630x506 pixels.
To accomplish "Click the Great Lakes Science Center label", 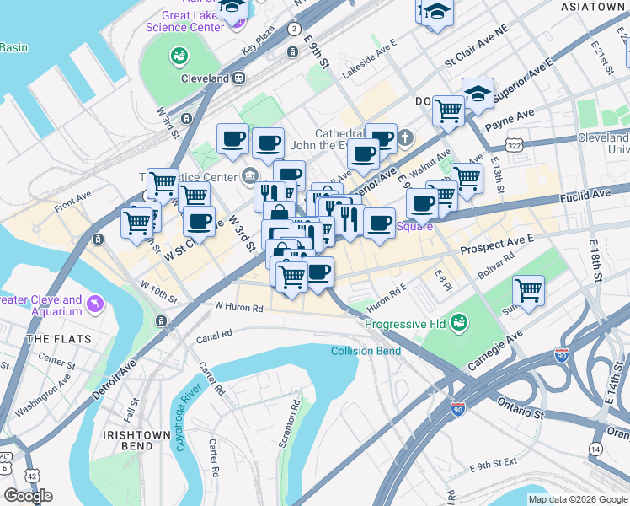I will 184,21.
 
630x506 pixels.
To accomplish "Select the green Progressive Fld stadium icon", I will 459,321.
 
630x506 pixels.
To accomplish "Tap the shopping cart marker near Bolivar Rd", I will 528,291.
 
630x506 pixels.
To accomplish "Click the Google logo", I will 29,496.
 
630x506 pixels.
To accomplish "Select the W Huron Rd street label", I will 238,308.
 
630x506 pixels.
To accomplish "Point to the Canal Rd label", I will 215,335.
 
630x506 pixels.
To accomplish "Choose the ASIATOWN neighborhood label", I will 595,7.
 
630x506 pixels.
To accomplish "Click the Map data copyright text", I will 577,499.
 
